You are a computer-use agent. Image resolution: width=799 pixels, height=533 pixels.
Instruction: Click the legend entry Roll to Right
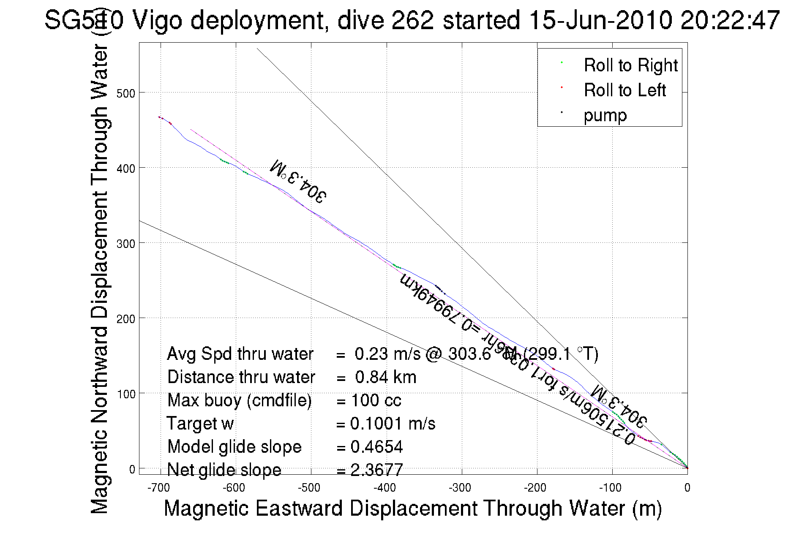pyautogui.click(x=630, y=65)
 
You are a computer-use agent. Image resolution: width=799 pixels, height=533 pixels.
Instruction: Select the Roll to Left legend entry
pyautogui.click(x=624, y=90)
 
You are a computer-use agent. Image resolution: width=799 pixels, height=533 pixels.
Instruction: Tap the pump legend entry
pyautogui.click(x=605, y=115)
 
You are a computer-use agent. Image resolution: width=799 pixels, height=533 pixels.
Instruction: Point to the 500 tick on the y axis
pyautogui.click(x=125, y=93)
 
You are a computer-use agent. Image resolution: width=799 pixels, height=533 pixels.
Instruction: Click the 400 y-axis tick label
pyautogui.click(x=125, y=169)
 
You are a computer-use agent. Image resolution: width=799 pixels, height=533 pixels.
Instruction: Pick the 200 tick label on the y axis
pyautogui.click(x=125, y=319)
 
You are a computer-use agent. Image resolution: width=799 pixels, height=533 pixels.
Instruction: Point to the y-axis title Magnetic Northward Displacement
pyautogui.click(x=100, y=279)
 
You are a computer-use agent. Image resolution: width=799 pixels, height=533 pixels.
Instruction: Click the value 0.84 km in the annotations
pyautogui.click(x=385, y=377)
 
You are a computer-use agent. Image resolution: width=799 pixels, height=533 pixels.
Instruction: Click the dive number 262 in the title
pyautogui.click(x=412, y=20)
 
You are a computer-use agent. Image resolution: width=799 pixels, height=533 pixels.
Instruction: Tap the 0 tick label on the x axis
pyautogui.click(x=687, y=488)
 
